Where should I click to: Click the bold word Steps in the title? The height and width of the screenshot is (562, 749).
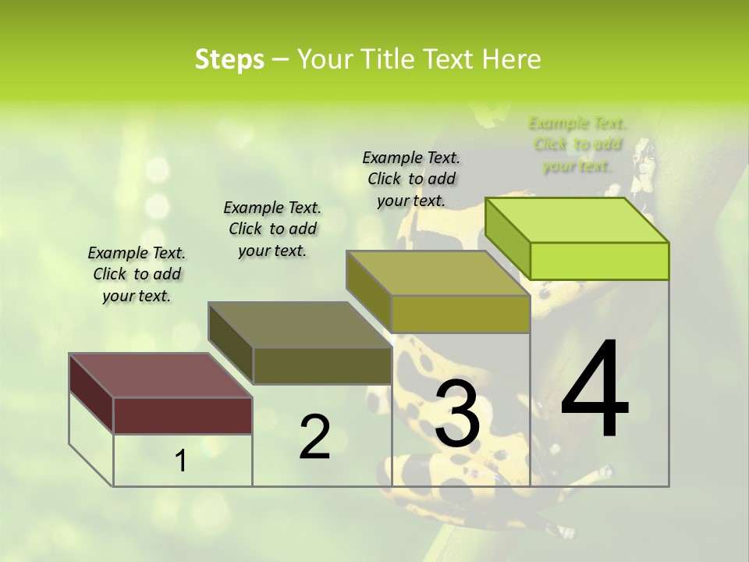tap(229, 59)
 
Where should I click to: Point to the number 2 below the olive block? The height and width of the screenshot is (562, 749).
tap(314, 437)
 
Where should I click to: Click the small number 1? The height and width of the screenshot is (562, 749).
tap(181, 461)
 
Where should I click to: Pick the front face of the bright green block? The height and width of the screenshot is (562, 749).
tap(599, 261)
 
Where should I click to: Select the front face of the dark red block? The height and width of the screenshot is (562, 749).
tap(183, 415)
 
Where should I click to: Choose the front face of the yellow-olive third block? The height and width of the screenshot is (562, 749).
tap(460, 314)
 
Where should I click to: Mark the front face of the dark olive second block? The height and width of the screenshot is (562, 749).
tap(321, 365)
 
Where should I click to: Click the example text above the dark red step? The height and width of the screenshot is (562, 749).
tap(137, 274)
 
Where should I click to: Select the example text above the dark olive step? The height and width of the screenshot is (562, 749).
tap(272, 229)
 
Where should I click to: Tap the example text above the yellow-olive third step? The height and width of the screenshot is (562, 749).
tap(411, 179)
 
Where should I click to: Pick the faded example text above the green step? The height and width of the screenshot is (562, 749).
tap(577, 144)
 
